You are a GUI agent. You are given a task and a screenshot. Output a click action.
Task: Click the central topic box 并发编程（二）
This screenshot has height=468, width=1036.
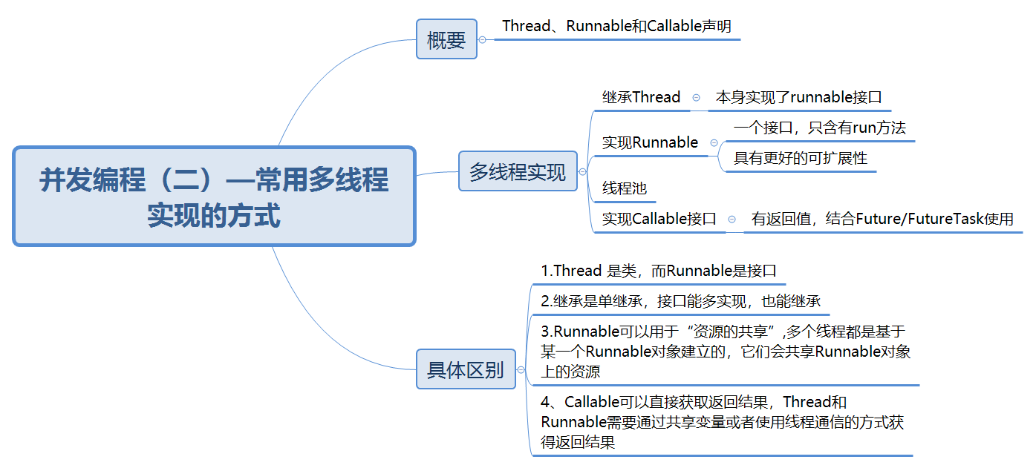[214, 197]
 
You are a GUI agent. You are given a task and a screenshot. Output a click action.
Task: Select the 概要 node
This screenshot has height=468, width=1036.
[446, 39]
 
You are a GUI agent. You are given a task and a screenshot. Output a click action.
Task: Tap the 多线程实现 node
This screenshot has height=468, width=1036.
[518, 171]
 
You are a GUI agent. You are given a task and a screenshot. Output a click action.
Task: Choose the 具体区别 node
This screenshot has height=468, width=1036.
[466, 369]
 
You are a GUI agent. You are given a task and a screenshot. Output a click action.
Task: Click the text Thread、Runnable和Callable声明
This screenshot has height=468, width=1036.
[616, 26]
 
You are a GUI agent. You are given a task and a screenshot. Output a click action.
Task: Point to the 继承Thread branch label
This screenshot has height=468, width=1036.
[641, 97]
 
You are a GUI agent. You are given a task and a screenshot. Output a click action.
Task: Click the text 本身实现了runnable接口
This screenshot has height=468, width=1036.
[798, 97]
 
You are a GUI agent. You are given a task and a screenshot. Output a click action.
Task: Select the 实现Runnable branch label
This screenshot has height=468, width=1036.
[650, 142]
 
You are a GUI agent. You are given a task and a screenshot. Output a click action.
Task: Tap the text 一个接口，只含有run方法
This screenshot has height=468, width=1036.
[819, 128]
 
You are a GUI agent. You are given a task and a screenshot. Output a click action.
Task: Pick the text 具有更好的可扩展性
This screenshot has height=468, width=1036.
[801, 158]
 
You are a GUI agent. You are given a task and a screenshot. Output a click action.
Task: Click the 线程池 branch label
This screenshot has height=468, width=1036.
[624, 188]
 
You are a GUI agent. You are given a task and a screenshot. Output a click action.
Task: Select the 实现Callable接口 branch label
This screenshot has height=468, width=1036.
[659, 219]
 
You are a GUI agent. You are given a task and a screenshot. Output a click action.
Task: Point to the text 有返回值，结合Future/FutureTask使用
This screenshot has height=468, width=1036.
[882, 219]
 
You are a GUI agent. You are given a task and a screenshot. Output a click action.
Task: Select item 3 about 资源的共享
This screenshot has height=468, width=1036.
[725, 352]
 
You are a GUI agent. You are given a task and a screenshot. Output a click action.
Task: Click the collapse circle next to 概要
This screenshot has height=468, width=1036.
[483, 39]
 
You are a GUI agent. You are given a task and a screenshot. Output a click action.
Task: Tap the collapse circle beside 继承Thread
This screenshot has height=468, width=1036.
[696, 97]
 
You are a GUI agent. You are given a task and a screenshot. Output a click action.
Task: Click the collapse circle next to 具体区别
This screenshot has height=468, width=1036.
[521, 369]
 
